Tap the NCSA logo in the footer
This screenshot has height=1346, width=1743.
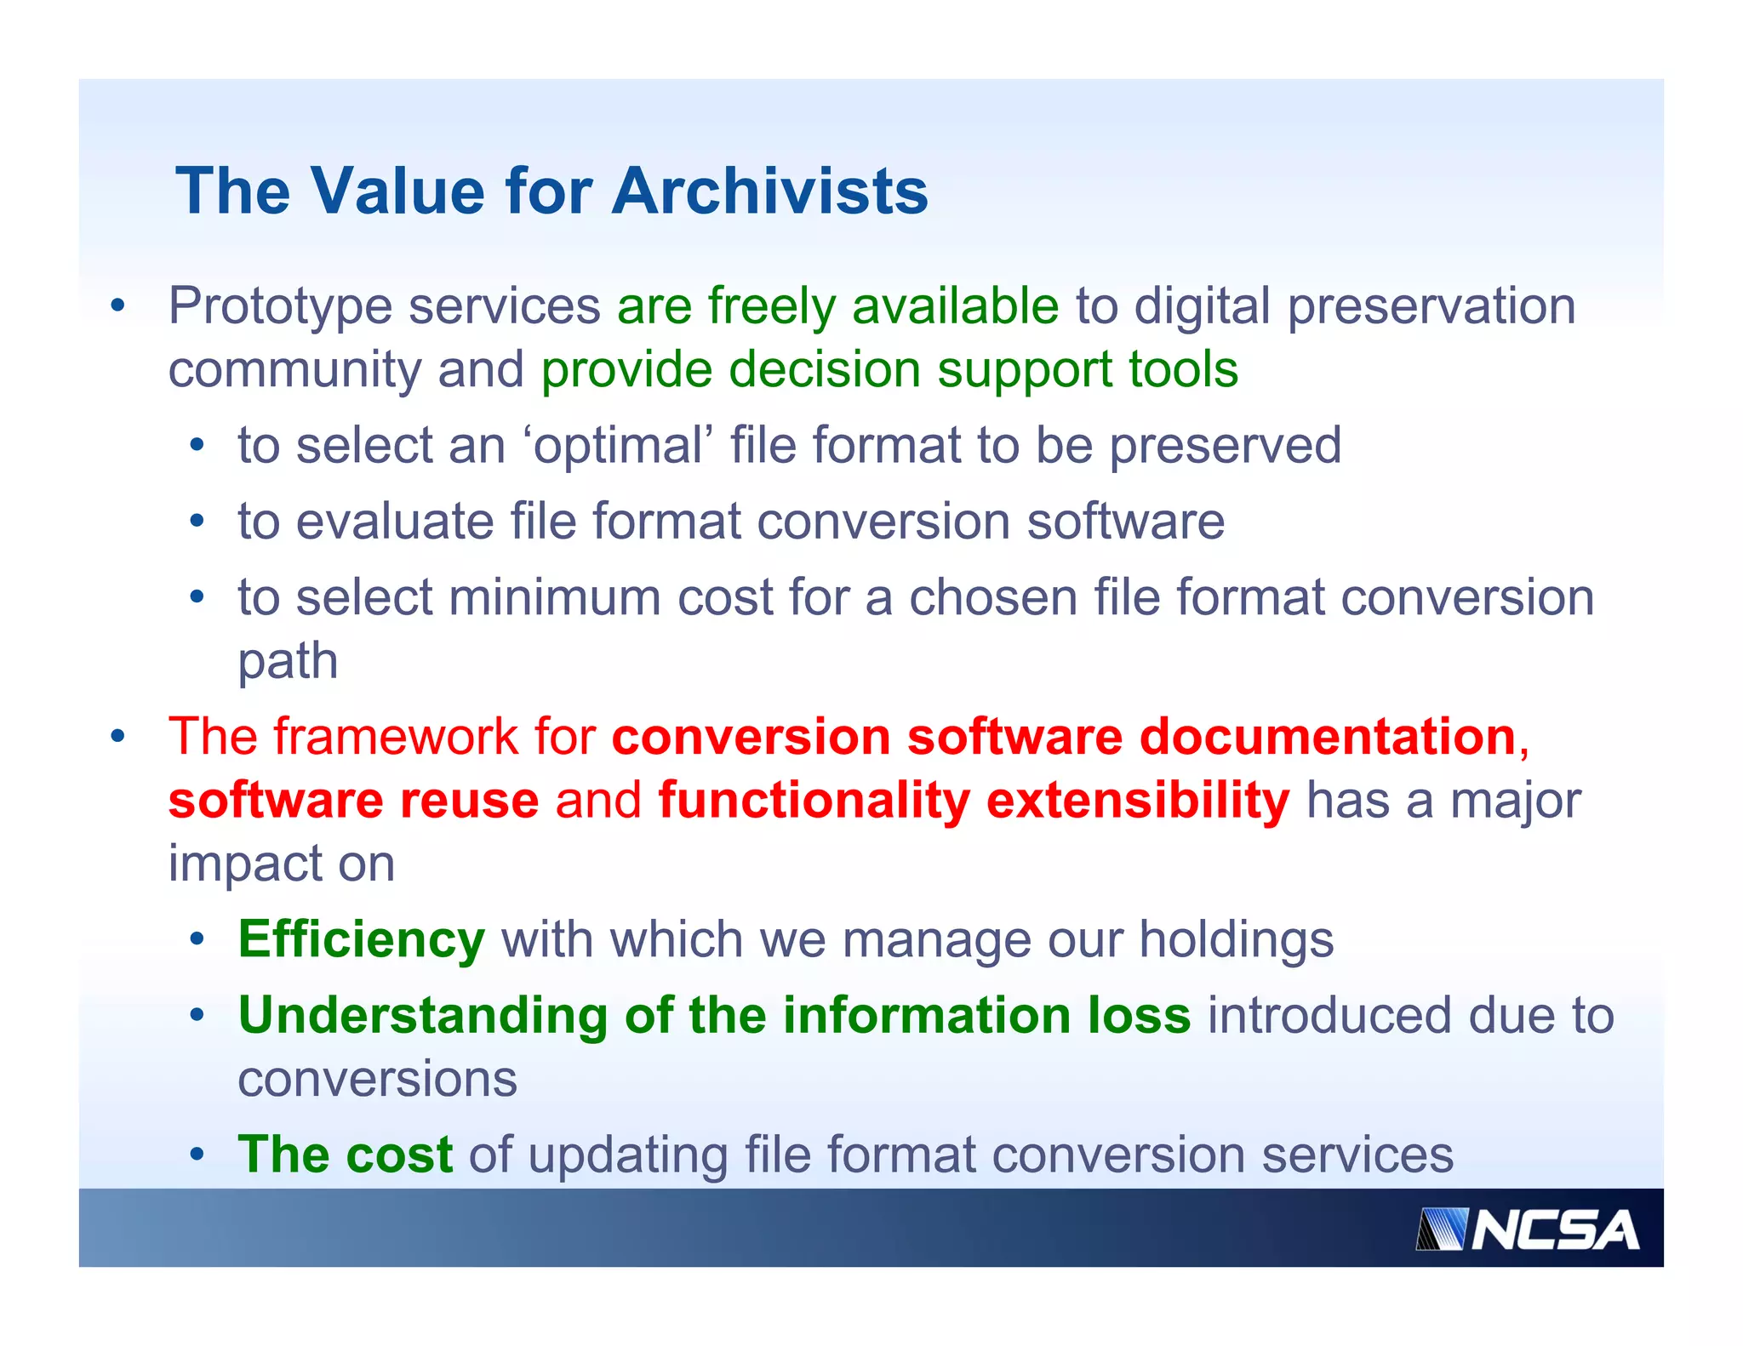click(1528, 1229)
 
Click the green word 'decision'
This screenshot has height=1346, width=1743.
click(825, 370)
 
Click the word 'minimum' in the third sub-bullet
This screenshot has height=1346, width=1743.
click(554, 597)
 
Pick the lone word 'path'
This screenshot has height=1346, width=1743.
click(288, 662)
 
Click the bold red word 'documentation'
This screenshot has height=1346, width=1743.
click(1327, 736)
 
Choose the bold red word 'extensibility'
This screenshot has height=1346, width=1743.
click(1138, 801)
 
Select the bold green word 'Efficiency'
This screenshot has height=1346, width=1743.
click(362, 940)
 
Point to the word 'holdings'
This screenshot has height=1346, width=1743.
click(1236, 940)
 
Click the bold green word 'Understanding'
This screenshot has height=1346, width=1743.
click(423, 1016)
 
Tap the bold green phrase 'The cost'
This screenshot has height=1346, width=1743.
click(345, 1155)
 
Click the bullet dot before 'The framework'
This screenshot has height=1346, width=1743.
click(118, 737)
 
